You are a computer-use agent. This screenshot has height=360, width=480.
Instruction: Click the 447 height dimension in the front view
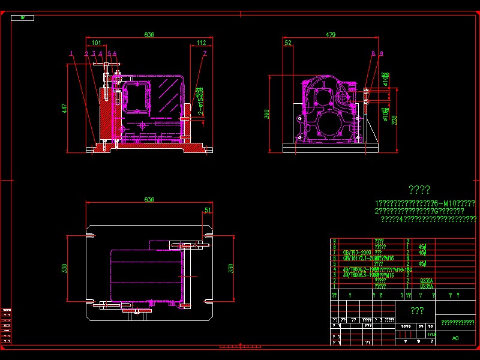point(64,108)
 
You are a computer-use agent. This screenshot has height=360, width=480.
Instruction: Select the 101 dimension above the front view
point(97,43)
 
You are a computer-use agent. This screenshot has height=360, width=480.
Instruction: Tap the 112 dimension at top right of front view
point(201,43)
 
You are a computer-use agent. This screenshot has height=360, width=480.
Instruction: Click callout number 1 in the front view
point(71,53)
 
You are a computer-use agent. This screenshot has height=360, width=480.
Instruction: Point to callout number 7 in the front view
point(205,53)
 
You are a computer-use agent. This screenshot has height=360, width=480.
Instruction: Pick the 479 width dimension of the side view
point(331,35)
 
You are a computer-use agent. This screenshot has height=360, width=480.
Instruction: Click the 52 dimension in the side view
point(288,43)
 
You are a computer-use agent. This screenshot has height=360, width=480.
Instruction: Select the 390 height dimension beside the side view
point(268,113)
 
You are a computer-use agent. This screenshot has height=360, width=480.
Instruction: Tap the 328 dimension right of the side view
point(394,120)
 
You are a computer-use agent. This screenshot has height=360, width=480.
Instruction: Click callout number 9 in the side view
point(381,54)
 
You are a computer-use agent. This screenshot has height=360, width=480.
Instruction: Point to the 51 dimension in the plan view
point(208,210)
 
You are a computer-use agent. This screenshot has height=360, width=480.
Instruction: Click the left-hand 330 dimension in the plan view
point(64,268)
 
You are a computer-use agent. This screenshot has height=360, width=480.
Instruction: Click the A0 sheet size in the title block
point(455,338)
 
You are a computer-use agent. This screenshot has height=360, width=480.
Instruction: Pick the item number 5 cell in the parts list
point(334,263)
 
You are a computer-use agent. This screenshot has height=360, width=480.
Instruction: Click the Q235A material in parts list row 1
point(427,286)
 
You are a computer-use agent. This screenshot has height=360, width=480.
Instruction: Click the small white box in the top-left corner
point(22,18)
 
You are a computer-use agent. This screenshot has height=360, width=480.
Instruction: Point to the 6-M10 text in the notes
point(448,203)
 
